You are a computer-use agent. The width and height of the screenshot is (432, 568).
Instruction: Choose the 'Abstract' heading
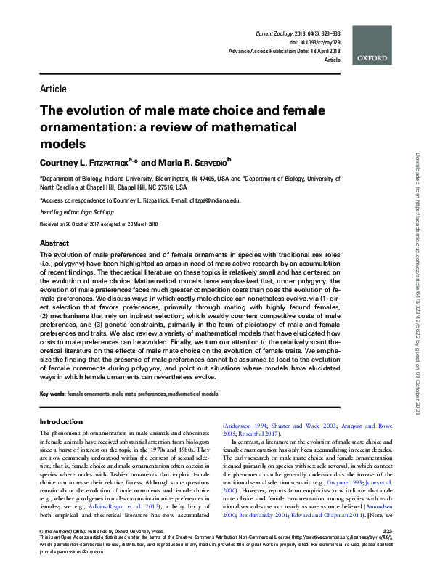(x=54, y=243)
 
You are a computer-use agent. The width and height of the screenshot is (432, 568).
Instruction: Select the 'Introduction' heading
(x=62, y=421)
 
